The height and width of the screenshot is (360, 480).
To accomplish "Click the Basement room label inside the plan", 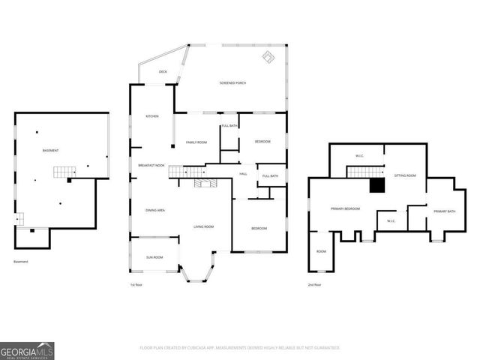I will click(50, 151).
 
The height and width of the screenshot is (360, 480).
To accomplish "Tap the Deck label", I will click(163, 72).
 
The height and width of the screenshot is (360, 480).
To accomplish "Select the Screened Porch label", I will click(232, 82).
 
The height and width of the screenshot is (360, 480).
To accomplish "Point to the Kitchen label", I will click(152, 116).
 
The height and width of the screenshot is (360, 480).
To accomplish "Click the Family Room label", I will click(196, 142).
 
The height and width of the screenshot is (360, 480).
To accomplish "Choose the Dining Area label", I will click(155, 210).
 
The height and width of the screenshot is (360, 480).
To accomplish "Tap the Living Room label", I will click(204, 226).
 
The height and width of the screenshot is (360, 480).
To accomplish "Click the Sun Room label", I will click(155, 257).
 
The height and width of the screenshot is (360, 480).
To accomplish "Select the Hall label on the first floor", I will click(243, 174).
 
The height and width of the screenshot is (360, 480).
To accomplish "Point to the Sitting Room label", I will click(406, 175).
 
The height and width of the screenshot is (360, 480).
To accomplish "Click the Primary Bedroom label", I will click(346, 208).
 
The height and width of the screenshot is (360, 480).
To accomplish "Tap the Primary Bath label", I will click(445, 211).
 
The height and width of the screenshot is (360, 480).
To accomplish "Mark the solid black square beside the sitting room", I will click(378, 185).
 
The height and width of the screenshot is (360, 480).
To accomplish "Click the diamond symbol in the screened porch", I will click(268, 57).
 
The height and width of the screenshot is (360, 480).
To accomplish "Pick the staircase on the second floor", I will click(364, 172).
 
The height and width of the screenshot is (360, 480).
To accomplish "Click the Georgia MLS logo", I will click(27, 350).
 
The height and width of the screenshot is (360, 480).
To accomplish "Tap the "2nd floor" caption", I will click(313, 285).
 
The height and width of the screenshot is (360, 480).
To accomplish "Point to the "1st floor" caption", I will click(136, 285).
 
